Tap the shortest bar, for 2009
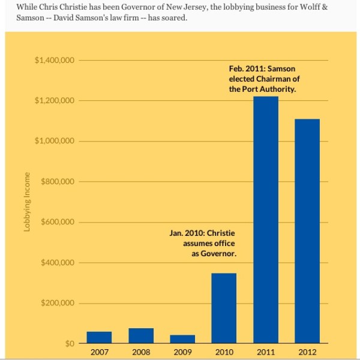point(182,339)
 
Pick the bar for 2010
point(224,308)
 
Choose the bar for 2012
point(307,231)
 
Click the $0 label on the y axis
point(70,344)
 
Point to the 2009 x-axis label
point(182,352)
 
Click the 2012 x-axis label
point(307,352)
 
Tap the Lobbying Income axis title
point(27,202)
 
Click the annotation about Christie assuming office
point(204,242)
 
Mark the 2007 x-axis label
point(100,352)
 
